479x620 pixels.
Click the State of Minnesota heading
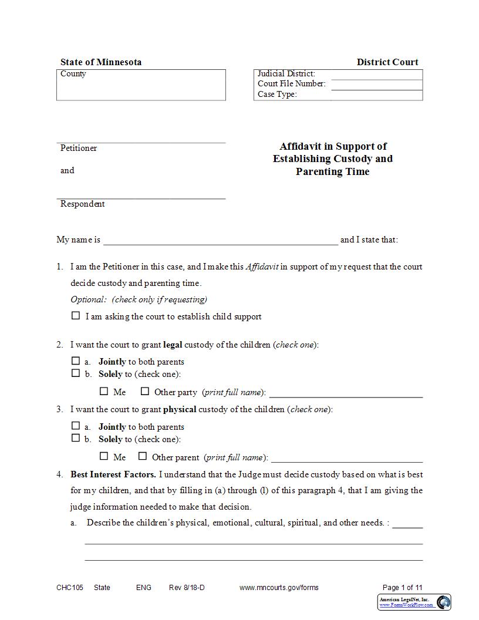[x=100, y=62]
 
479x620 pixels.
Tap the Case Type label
[x=277, y=95]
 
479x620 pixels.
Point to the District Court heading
[x=387, y=62]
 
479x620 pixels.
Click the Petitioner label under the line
[x=79, y=149]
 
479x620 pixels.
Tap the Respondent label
[x=83, y=204]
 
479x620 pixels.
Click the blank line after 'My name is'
[x=221, y=240]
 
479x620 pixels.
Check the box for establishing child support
[x=76, y=316]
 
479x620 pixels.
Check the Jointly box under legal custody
[x=76, y=361]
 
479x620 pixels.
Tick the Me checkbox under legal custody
[x=104, y=391]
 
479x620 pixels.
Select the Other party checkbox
[x=145, y=391]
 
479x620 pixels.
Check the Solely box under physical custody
[x=76, y=438]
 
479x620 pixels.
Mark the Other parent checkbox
[x=143, y=456]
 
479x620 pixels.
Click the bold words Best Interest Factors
[x=113, y=474]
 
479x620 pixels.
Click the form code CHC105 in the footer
[x=70, y=588]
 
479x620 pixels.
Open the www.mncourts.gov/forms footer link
[x=279, y=588]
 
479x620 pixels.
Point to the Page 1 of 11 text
[x=402, y=588]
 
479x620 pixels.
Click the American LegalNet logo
[x=414, y=602]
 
